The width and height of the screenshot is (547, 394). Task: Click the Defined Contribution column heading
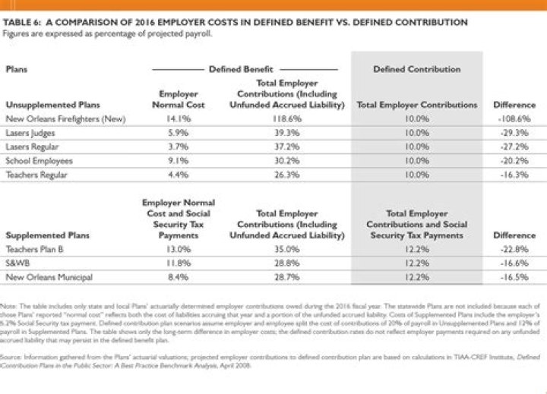tap(416, 69)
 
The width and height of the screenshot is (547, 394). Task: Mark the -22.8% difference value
tap(517, 248)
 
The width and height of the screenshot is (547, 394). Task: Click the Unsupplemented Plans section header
tap(45, 105)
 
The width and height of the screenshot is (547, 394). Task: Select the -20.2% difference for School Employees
tap(517, 160)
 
